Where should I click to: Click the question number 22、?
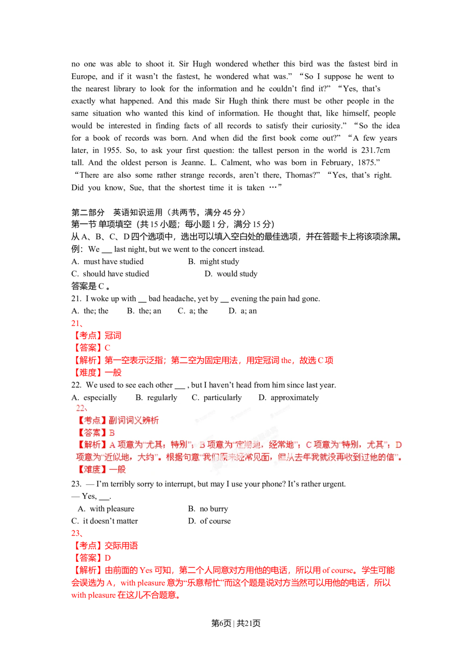(x=81, y=408)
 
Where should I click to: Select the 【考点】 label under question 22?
(x=92, y=420)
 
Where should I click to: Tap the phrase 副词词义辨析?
(x=134, y=420)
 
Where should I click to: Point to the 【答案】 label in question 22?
(x=92, y=433)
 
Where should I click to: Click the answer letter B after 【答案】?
(x=112, y=433)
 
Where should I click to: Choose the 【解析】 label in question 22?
(x=92, y=445)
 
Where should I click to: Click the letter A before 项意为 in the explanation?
(x=112, y=445)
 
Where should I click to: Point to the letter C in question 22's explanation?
(x=309, y=445)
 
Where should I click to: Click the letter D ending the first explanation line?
(x=398, y=445)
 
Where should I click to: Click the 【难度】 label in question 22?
(x=92, y=469)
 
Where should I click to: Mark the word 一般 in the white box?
(x=118, y=469)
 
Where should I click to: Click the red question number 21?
(x=76, y=324)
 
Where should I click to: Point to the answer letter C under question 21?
(x=108, y=348)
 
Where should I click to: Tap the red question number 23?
(x=76, y=534)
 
